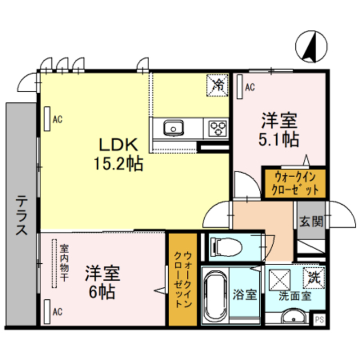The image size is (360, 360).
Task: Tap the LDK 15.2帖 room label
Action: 118,155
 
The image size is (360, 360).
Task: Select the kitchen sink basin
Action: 173,128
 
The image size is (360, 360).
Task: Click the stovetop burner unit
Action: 217,128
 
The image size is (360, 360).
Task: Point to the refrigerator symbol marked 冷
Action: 218,85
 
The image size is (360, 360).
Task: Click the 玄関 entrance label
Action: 310,221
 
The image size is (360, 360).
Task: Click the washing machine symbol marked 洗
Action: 313,276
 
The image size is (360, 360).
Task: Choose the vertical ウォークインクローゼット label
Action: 183,278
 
